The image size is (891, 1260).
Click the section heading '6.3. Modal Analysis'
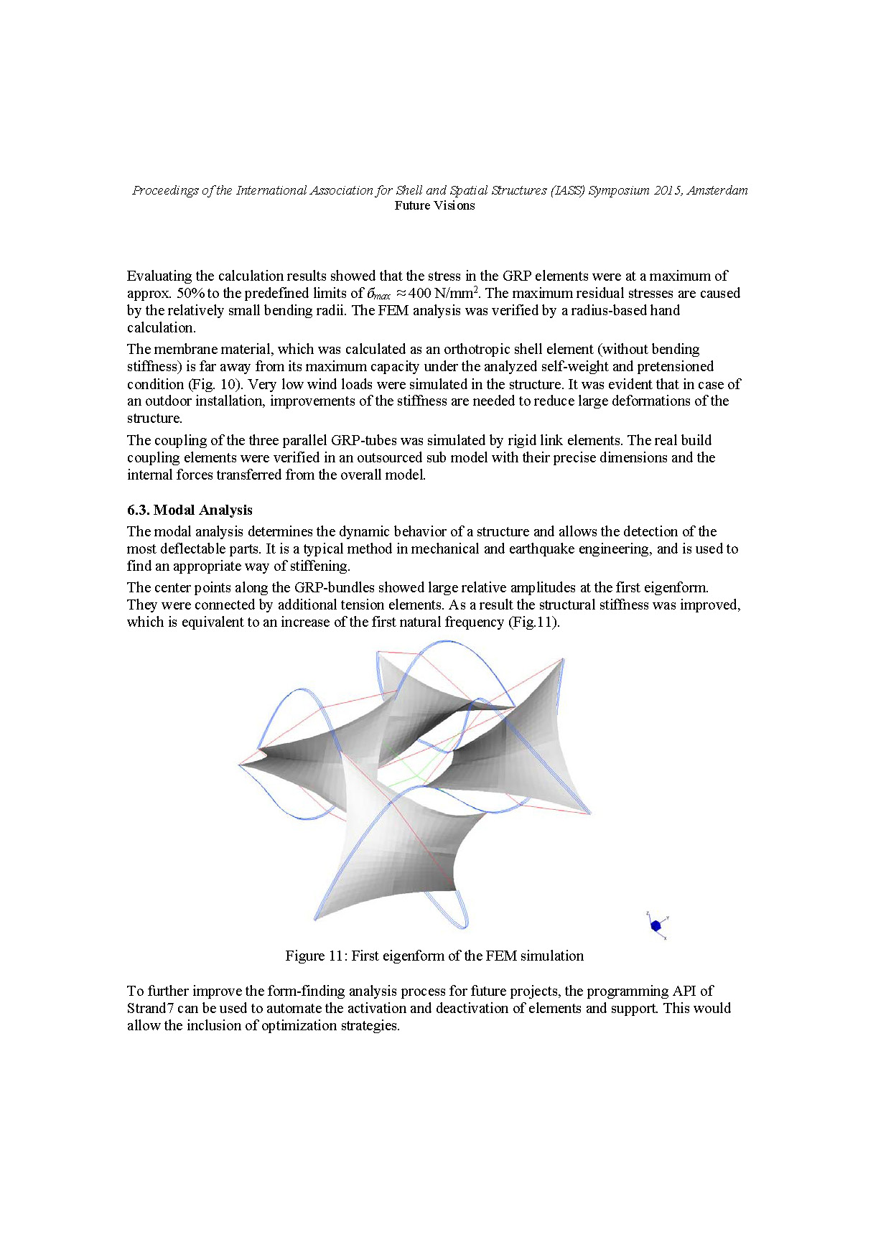[190, 510]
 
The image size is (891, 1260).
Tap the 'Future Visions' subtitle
[434, 205]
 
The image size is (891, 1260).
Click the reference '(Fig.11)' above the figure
[533, 622]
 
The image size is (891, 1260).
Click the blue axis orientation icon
[656, 925]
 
